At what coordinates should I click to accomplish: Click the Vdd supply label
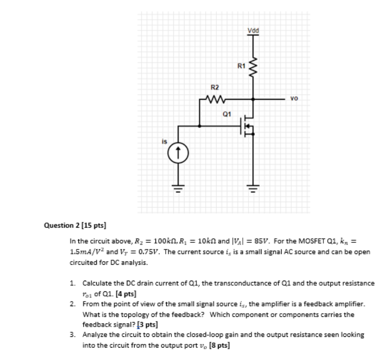click(x=253, y=30)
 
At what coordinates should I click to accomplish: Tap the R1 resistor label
click(x=241, y=66)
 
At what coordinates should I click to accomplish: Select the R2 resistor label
click(x=214, y=88)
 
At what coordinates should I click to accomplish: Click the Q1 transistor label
click(x=227, y=114)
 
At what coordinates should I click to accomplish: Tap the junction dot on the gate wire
click(x=199, y=126)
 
